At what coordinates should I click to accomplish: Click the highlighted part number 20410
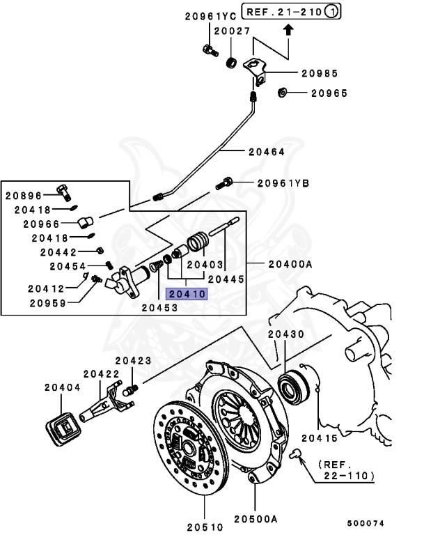point(186,294)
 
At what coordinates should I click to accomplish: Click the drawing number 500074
point(366,522)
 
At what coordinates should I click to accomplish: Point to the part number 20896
point(24,196)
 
